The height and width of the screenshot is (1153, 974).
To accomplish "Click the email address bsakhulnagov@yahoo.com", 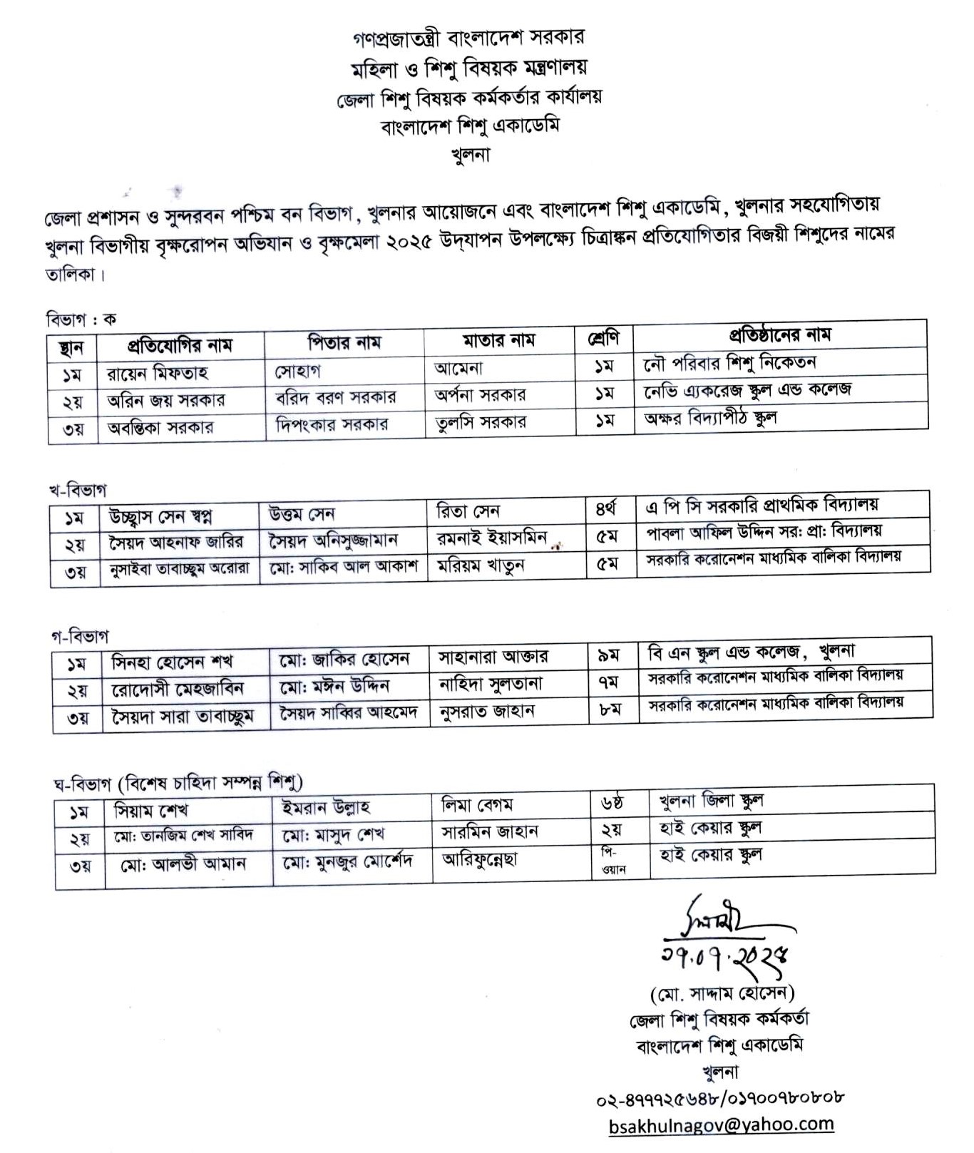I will point(721,1124).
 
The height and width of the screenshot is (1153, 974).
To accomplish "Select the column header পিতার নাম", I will point(344,343).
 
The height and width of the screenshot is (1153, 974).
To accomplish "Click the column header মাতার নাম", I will point(498,340).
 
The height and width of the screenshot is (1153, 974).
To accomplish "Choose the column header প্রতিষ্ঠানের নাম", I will point(779,334).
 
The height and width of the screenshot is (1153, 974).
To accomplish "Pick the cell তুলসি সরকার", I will point(481,421).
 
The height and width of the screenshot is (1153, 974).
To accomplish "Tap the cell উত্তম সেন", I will point(302,513).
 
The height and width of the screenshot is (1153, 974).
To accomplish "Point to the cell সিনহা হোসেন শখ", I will point(173,662).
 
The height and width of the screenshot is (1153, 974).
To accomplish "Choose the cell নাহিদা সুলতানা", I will point(491,685).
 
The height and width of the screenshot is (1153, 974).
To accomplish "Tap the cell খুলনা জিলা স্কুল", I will point(711,801).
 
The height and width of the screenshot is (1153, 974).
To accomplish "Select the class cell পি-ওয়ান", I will point(609,861).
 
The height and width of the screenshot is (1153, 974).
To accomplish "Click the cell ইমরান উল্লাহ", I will point(326,807).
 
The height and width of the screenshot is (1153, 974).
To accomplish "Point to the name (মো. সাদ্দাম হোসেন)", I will point(722,993).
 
